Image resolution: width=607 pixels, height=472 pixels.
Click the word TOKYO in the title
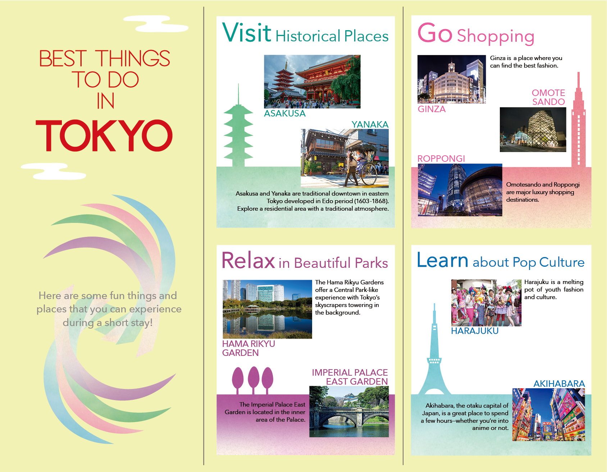[104, 136]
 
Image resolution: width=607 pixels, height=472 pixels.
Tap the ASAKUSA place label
[284, 114]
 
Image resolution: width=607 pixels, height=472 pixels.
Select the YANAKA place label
[370, 124]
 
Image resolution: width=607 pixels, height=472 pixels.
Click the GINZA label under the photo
[432, 109]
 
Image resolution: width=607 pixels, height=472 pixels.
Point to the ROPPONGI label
[441, 159]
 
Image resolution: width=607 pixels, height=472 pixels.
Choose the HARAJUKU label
[475, 331]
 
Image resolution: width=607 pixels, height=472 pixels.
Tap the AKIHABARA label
[559, 384]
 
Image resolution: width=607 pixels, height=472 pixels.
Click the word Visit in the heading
[247, 33]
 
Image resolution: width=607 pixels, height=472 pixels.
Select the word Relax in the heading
[248, 261]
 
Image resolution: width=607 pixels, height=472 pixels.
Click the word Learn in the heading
[442, 260]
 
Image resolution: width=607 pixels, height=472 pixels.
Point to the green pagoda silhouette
[238, 133]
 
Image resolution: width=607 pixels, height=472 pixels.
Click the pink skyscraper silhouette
[578, 122]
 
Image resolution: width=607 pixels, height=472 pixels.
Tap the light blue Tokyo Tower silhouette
[434, 359]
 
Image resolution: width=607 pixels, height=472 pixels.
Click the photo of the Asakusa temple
[312, 82]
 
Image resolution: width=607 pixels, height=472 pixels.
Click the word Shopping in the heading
[495, 36]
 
